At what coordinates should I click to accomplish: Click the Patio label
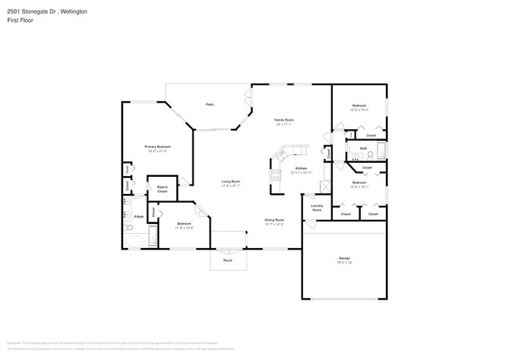(210, 104)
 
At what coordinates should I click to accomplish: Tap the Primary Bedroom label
(157, 146)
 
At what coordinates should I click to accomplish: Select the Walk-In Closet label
(162, 189)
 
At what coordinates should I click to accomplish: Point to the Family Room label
(283, 120)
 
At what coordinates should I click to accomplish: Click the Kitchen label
(301, 167)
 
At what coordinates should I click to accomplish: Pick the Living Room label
(230, 181)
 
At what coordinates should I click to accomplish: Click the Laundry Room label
(317, 208)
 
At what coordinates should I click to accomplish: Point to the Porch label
(228, 260)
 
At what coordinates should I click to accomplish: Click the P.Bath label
(139, 216)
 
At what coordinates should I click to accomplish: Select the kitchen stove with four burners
(276, 176)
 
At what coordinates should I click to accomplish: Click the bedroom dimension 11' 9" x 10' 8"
(183, 228)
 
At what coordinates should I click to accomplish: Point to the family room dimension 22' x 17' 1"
(283, 124)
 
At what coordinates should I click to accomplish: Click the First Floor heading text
(16, 22)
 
